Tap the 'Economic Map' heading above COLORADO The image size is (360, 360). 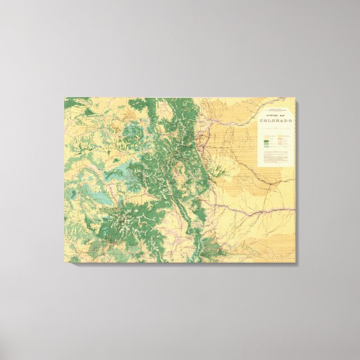(x=276, y=116)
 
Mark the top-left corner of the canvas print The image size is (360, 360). (x=65, y=98)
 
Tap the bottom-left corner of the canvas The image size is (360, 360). (x=65, y=262)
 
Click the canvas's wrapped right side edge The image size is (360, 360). (x=296, y=179)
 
